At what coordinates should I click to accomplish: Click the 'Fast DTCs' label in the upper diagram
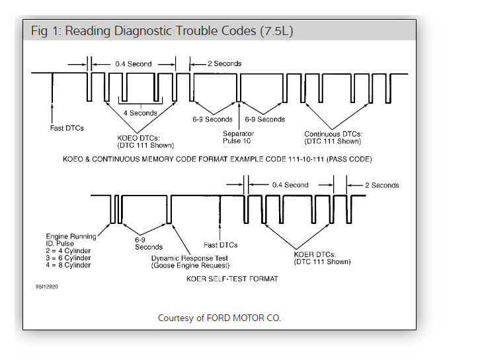67,127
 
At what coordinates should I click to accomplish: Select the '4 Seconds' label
140,113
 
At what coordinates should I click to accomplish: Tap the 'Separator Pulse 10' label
238,137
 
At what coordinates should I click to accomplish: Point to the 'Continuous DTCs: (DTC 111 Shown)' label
333,137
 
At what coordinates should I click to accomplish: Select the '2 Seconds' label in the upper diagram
224,63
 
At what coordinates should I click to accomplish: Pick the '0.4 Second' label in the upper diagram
133,64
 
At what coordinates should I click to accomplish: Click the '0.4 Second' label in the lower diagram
290,185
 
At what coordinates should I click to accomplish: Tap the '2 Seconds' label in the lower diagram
381,185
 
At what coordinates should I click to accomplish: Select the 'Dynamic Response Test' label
190,258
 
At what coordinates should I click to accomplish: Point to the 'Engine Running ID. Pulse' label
70,240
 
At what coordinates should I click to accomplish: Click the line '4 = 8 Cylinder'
69,265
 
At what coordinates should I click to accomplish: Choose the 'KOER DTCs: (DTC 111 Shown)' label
322,258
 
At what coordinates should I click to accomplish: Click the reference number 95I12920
49,288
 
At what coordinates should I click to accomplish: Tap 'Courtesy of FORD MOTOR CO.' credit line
220,318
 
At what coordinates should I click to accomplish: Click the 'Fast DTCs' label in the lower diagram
220,245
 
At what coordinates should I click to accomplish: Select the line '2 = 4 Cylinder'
69,250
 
